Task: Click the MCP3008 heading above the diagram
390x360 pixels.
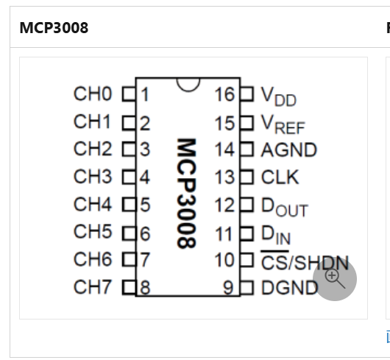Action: pyautogui.click(x=54, y=28)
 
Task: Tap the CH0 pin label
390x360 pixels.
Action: pyautogui.click(x=93, y=94)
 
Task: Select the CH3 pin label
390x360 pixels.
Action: pyautogui.click(x=93, y=177)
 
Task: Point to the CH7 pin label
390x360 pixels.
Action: pyautogui.click(x=92, y=287)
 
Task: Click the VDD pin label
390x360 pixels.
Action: pyautogui.click(x=279, y=96)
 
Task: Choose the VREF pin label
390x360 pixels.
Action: pyautogui.click(x=283, y=124)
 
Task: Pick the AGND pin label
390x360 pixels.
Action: pyautogui.click(x=288, y=150)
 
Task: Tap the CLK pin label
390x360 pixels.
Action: pyautogui.click(x=280, y=177)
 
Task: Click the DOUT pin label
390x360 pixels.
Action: pyautogui.click(x=285, y=208)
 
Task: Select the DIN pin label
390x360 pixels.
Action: pyautogui.click(x=276, y=235)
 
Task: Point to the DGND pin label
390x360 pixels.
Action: pyautogui.click(x=290, y=288)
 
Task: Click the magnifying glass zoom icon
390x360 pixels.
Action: pyautogui.click(x=335, y=278)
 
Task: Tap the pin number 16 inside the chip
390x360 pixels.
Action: pyautogui.click(x=224, y=94)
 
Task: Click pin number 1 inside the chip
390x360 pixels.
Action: pyautogui.click(x=145, y=94)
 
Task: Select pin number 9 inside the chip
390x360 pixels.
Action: pyautogui.click(x=228, y=288)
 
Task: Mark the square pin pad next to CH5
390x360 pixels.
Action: pyautogui.click(x=129, y=233)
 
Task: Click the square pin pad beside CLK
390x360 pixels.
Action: pyautogui.click(x=247, y=177)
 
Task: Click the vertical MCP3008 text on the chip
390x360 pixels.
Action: pyautogui.click(x=187, y=194)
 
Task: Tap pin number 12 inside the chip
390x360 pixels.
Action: pyautogui.click(x=224, y=205)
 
